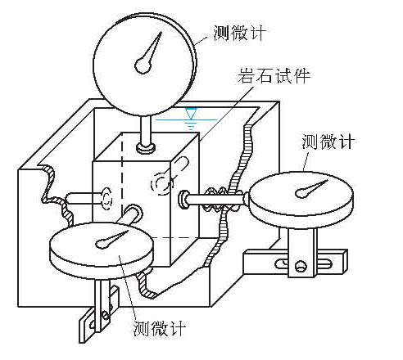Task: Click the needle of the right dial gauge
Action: [310, 189]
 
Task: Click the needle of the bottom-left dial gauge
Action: [111, 240]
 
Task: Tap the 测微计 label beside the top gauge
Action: [239, 33]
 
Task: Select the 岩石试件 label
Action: [274, 75]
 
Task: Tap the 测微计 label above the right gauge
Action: [328, 142]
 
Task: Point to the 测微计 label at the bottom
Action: [160, 328]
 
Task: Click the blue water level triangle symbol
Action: [190, 113]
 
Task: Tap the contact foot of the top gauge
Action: [146, 148]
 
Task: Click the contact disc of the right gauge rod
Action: [183, 200]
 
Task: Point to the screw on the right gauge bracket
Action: [301, 266]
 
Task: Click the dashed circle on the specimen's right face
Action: [161, 184]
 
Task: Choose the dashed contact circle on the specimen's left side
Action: [106, 199]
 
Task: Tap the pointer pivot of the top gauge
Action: [143, 65]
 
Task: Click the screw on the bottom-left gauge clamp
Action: [106, 316]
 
